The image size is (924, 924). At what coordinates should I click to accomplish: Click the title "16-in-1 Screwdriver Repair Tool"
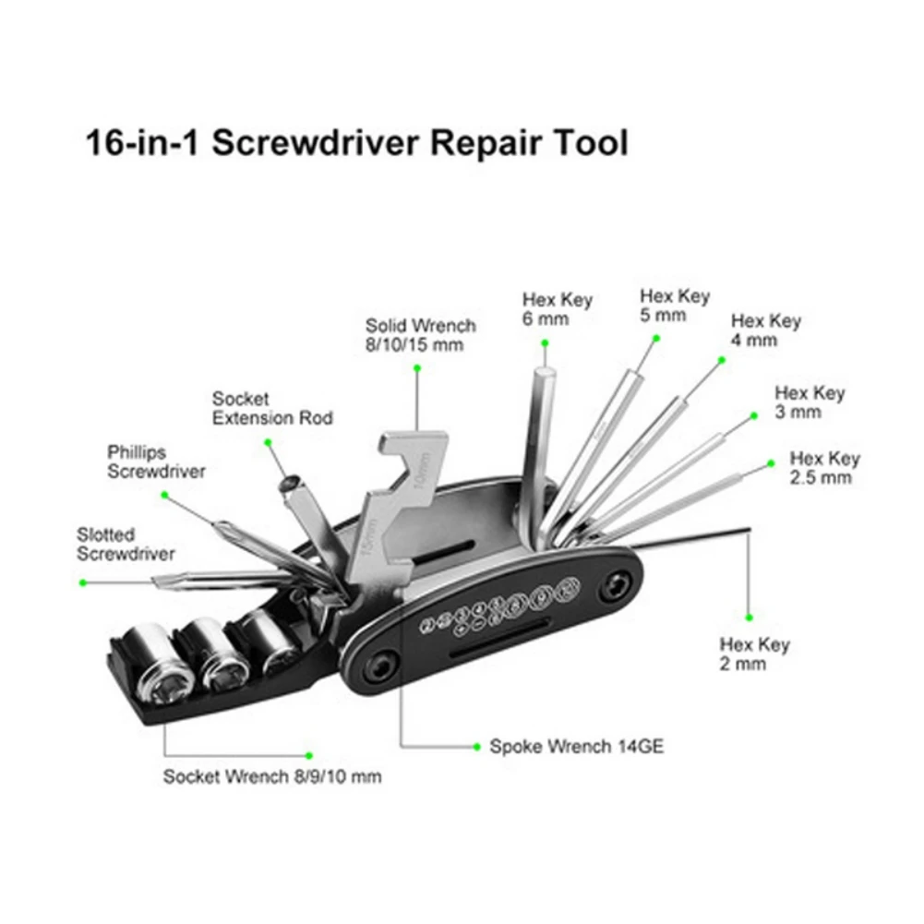click(356, 144)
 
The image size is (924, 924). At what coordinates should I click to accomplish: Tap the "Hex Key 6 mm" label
click(557, 309)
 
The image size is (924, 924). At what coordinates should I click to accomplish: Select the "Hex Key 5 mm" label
click(675, 306)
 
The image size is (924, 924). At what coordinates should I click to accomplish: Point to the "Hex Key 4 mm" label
click(765, 330)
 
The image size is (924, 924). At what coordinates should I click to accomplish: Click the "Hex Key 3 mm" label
click(810, 402)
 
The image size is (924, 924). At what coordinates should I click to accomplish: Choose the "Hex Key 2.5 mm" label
click(824, 468)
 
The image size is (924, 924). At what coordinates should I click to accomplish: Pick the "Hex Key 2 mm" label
click(754, 654)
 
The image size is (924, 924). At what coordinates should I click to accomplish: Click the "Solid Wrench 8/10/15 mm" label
click(420, 335)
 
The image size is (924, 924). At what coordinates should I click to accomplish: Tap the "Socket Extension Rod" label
click(271, 408)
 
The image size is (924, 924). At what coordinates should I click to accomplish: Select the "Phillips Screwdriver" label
click(155, 462)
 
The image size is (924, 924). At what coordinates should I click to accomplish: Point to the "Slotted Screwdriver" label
click(125, 544)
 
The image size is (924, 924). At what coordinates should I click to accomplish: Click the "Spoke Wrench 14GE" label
click(576, 747)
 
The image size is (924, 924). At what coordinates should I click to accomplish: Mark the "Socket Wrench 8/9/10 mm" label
click(271, 776)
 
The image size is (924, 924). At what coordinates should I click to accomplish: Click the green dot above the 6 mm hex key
click(545, 342)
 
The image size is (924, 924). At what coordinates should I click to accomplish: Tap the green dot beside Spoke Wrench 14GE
click(475, 747)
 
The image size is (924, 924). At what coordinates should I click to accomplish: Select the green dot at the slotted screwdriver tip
click(82, 582)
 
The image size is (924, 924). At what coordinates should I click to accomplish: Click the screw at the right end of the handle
click(617, 585)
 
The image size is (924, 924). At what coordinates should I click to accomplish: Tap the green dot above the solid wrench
click(417, 367)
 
